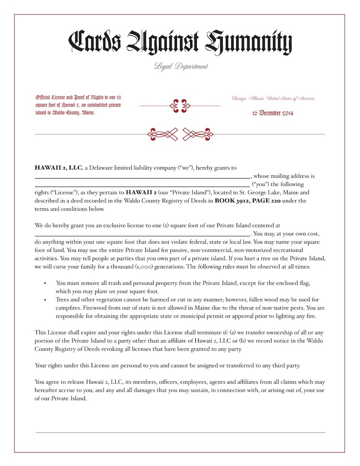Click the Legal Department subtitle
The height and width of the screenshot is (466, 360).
tap(181, 67)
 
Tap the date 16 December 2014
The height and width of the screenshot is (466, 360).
tap(273, 114)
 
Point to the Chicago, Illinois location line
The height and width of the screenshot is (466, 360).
tap(273, 98)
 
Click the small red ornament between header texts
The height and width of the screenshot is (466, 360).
tap(180, 105)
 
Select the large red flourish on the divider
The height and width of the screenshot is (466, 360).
tap(180, 134)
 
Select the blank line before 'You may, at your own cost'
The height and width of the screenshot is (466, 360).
tap(142, 234)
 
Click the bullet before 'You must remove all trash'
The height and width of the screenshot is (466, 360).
tap(45, 283)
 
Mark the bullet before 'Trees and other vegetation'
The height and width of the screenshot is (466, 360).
tap(45, 300)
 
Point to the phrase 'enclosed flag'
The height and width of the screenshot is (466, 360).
tap(286, 283)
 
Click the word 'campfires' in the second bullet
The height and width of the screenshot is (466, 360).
tap(70, 308)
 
